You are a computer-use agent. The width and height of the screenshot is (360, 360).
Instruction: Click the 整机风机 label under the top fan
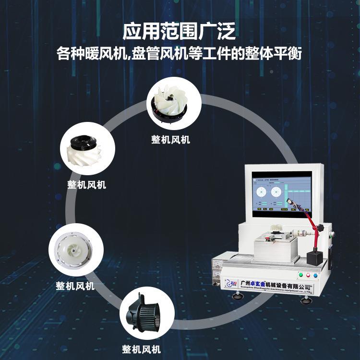170,140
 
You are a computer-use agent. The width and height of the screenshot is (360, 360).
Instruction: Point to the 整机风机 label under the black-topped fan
87,185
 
